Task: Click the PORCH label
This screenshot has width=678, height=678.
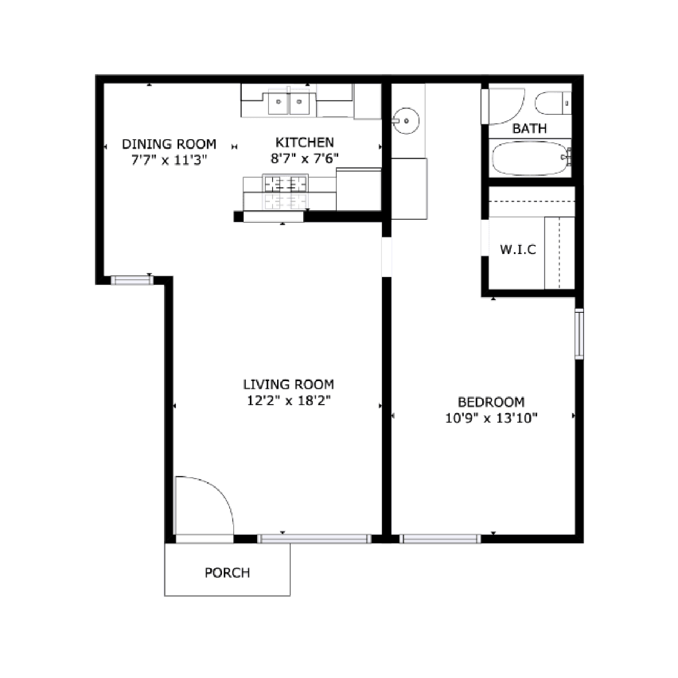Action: [x=227, y=573]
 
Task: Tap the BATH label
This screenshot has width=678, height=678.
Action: [x=529, y=128]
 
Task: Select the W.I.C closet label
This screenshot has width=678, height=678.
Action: [x=518, y=249]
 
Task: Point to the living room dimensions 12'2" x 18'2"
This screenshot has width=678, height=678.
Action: [x=289, y=400]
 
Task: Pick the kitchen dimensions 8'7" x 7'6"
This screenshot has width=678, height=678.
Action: [x=305, y=159]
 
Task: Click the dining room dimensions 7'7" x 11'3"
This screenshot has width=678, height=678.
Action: [x=169, y=160]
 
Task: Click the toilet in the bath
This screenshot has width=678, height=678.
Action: [x=553, y=104]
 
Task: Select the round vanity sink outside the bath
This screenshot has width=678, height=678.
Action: [x=406, y=121]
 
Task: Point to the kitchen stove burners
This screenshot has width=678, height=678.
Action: [x=286, y=184]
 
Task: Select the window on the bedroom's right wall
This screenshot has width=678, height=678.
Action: [x=579, y=334]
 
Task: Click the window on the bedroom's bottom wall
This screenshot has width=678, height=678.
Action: [x=440, y=538]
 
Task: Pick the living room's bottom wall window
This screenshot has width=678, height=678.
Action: [x=315, y=538]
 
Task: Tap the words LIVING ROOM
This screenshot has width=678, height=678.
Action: [x=289, y=385]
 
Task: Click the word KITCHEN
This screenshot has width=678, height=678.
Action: [x=305, y=143]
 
